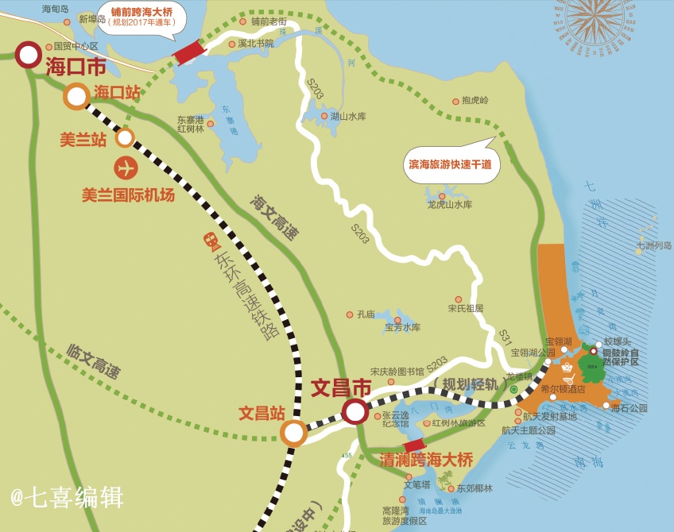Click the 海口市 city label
click(76, 66)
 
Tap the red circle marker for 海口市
click(29, 55)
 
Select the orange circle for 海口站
click(76, 96)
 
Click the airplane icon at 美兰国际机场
click(126, 168)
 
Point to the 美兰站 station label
click(83, 140)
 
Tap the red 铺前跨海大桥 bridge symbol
click(189, 52)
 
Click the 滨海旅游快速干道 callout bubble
click(450, 165)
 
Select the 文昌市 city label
click(341, 388)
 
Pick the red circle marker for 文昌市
click(355, 411)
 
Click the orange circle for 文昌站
click(293, 433)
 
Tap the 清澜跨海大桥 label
click(426, 460)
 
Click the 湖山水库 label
click(348, 117)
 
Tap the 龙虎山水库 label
click(450, 205)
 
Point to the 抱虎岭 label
click(475, 101)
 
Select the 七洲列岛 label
click(654, 246)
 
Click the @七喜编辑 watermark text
click(67, 498)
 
